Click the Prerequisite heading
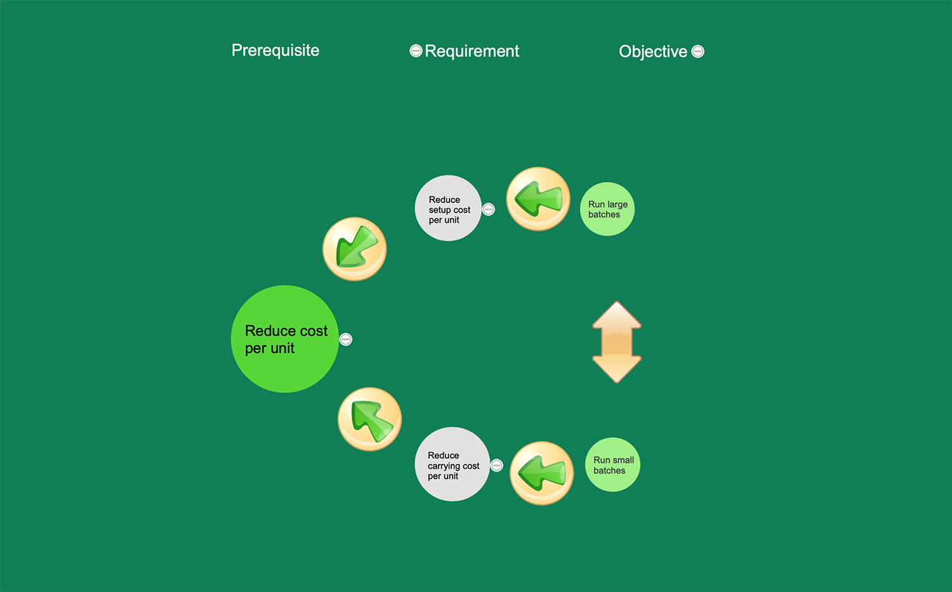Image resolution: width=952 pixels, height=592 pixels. [275, 50]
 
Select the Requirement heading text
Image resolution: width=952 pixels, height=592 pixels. [472, 51]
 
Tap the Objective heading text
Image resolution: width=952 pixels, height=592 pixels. [652, 51]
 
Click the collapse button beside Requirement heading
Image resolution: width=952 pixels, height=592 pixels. [416, 51]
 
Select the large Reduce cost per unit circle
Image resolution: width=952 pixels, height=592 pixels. [285, 339]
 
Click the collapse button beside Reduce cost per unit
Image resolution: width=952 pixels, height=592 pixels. [346, 339]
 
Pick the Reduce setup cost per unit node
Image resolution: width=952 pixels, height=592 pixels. [448, 208]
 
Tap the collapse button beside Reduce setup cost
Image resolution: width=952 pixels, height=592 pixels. [488, 209]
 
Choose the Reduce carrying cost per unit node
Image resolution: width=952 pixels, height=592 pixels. [452, 464]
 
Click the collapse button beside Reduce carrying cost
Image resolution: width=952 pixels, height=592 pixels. [497, 466]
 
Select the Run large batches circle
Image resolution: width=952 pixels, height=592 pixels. [607, 209]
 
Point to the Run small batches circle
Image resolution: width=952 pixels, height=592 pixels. [612, 464]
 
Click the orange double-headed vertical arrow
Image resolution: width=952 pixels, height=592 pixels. [617, 342]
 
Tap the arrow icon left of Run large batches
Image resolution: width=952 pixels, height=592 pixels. [538, 199]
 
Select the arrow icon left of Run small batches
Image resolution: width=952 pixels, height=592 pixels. [542, 473]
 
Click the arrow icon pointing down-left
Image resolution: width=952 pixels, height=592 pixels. [355, 249]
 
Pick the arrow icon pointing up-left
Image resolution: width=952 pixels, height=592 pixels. [370, 419]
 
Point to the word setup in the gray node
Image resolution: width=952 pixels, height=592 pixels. [439, 210]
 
